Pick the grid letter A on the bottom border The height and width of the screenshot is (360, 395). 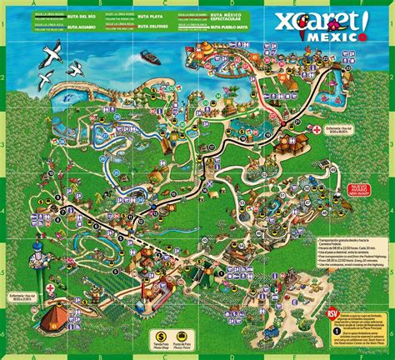tap(33, 353)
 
